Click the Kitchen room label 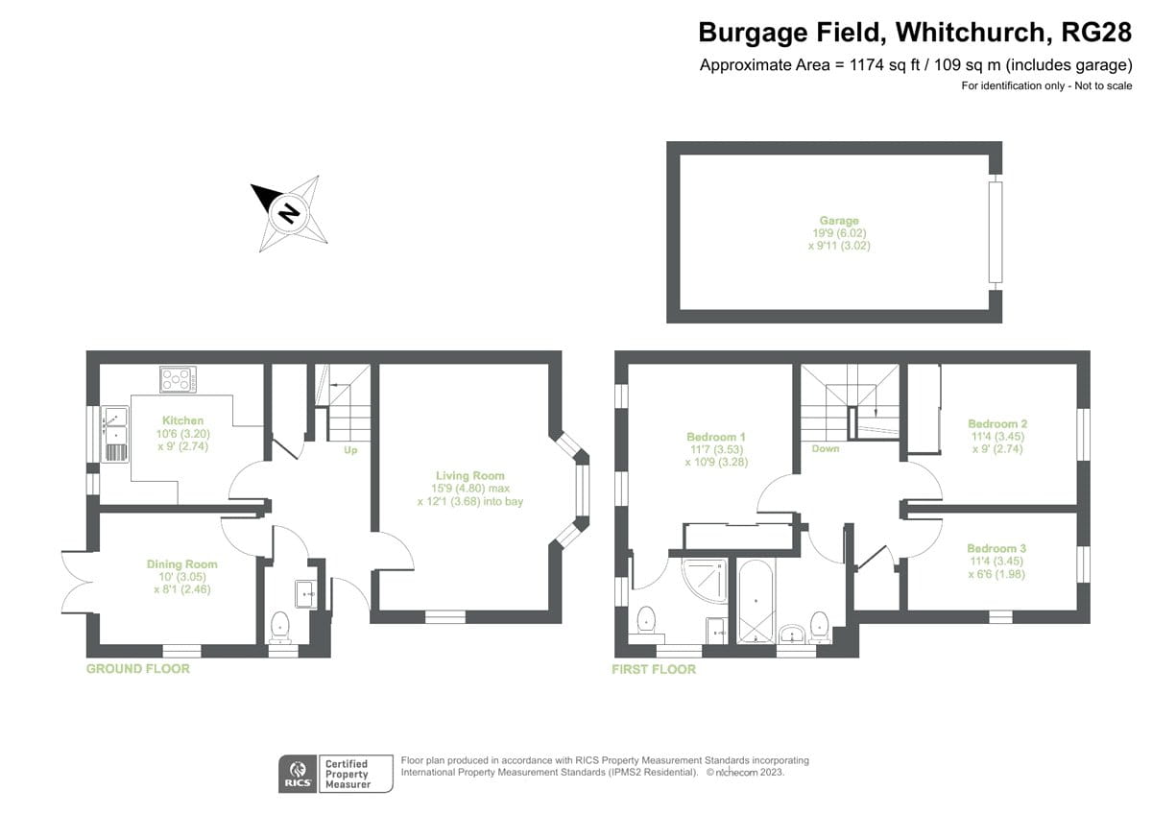click(x=182, y=420)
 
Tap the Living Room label click(x=469, y=475)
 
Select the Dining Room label click(x=181, y=563)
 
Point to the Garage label click(x=838, y=221)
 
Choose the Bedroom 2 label click(x=997, y=423)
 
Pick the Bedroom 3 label click(x=997, y=548)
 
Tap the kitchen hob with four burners click(x=179, y=380)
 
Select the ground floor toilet click(x=280, y=627)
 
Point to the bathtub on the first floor click(x=757, y=603)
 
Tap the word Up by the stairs click(x=350, y=449)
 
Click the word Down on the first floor click(x=826, y=448)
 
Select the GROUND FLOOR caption click(x=138, y=668)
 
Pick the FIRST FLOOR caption click(x=654, y=668)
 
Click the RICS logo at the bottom click(x=295, y=774)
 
